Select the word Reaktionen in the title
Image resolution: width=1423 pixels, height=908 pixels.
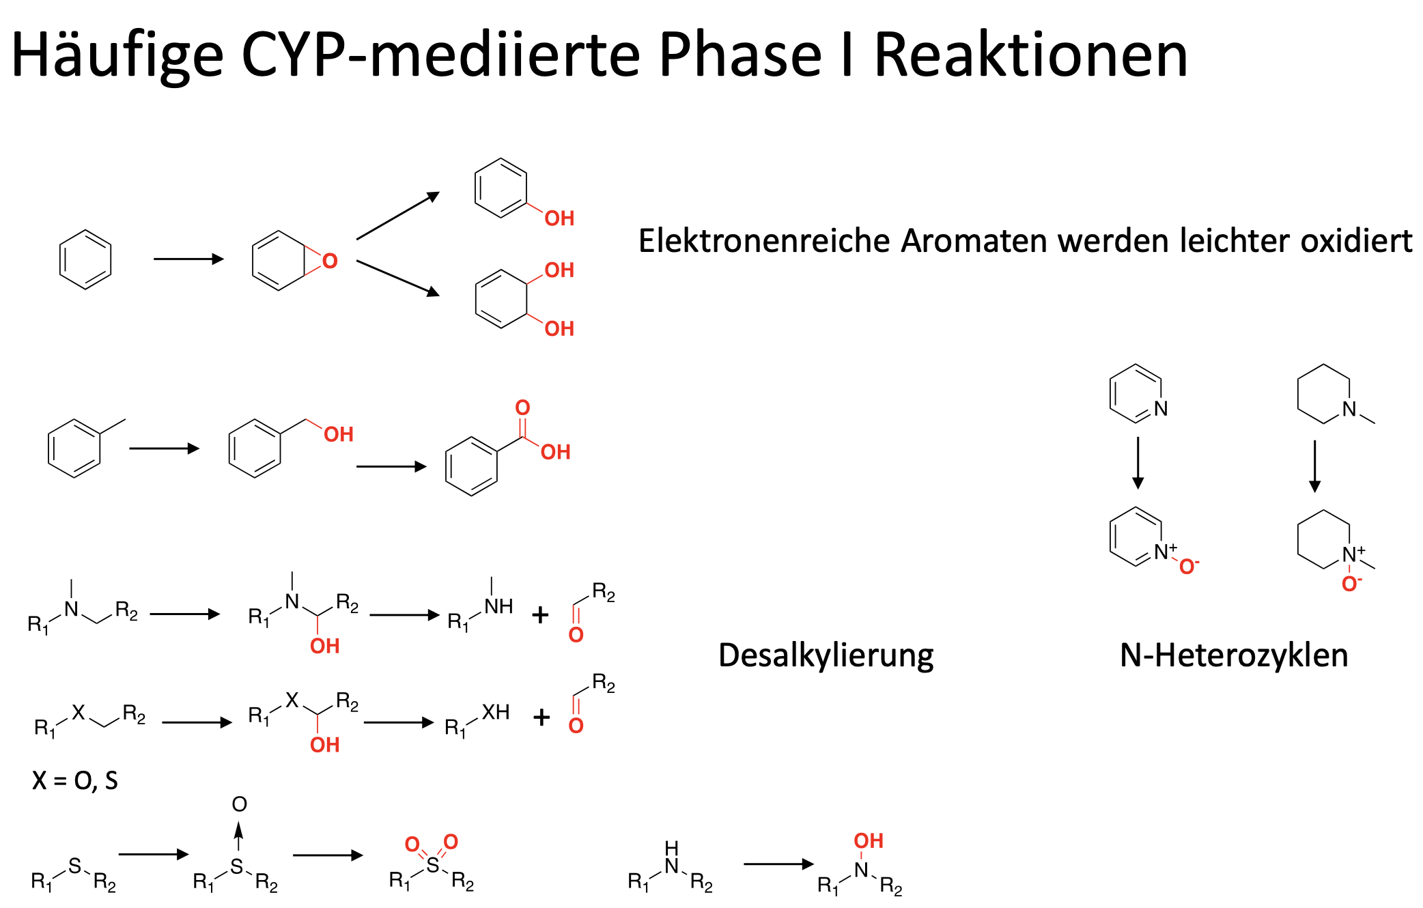[1031, 56]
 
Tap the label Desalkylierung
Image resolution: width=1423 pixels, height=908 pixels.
[826, 655]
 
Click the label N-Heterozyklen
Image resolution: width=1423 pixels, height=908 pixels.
[1234, 655]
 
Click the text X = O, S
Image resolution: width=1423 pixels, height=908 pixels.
[75, 780]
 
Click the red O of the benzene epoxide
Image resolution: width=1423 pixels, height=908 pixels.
[330, 261]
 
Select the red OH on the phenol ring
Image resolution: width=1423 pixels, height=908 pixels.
[559, 218]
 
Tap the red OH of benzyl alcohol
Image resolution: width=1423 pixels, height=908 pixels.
[339, 434]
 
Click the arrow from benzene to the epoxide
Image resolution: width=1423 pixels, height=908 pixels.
[188, 259]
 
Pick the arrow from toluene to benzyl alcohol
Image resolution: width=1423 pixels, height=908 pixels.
[164, 449]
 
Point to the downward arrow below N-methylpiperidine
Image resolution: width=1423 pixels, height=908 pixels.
[1314, 466]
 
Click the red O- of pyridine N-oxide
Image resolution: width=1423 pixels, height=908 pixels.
[1189, 567]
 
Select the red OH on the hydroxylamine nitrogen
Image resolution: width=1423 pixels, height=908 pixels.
[869, 841]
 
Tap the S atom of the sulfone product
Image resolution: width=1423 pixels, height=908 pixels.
[432, 866]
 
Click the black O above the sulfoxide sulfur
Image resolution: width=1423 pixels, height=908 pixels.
[239, 804]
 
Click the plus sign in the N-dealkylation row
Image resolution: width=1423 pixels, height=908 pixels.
[540, 615]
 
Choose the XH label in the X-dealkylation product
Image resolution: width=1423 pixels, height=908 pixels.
[496, 713]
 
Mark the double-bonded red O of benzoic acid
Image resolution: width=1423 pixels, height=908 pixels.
[522, 408]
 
